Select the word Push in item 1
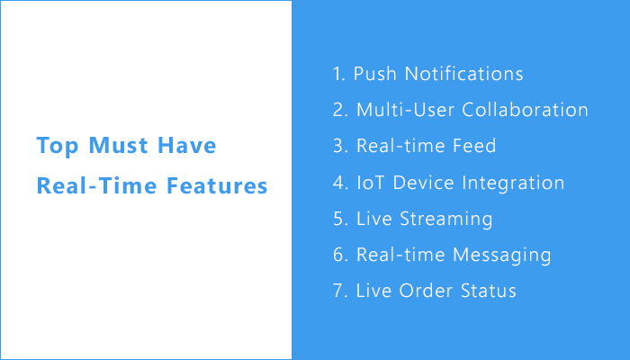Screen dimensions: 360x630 374,74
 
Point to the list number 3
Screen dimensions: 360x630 338,146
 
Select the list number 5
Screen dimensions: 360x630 338,219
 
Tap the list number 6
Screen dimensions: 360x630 338,255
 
